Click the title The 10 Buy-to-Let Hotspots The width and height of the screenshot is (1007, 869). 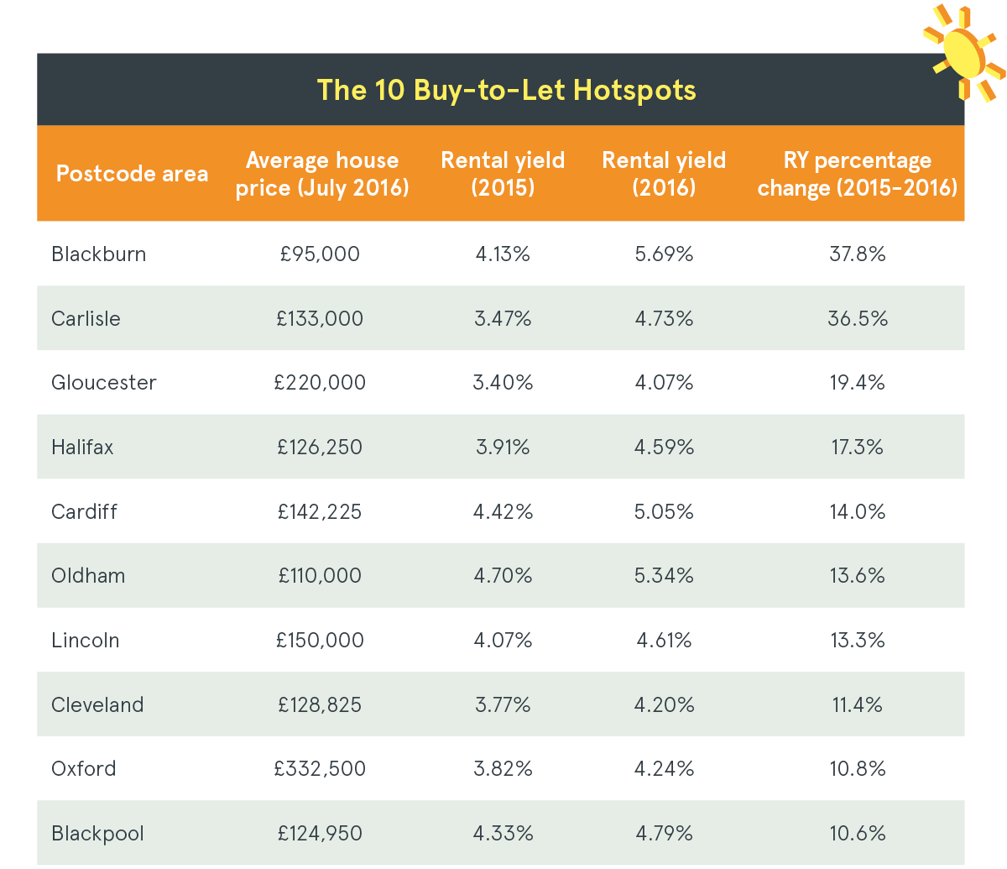pyautogui.click(x=506, y=90)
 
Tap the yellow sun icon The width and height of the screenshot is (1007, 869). pyautogui.click(x=963, y=51)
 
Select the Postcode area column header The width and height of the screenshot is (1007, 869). pyautogui.click(x=132, y=174)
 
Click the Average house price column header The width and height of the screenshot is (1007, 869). pyautogui.click(x=322, y=174)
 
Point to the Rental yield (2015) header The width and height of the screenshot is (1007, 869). pyautogui.click(x=503, y=174)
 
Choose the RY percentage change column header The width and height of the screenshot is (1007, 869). pyautogui.click(x=857, y=174)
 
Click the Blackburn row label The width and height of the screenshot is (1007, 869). pyautogui.click(x=98, y=254)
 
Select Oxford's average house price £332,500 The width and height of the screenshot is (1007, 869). pyautogui.click(x=320, y=769)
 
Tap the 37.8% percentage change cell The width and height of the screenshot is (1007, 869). pyautogui.click(x=857, y=254)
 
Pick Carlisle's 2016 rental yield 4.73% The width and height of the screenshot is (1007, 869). pyautogui.click(x=664, y=319)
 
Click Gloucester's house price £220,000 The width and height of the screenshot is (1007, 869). pyautogui.click(x=320, y=383)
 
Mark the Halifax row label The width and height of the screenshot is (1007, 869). pyautogui.click(x=82, y=448)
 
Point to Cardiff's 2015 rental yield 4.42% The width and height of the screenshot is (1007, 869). pyautogui.click(x=503, y=512)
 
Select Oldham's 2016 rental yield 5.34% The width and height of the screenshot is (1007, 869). pyautogui.click(x=664, y=576)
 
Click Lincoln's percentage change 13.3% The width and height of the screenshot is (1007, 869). pyautogui.click(x=857, y=641)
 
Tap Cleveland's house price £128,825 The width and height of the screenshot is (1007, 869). pyautogui.click(x=320, y=705)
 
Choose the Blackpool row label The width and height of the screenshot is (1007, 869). pyautogui.click(x=97, y=834)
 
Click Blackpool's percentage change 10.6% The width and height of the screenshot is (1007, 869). pyautogui.click(x=857, y=834)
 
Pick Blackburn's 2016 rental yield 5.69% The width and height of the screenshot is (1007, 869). pyautogui.click(x=664, y=254)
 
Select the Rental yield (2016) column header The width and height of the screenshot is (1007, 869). pyautogui.click(x=664, y=174)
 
